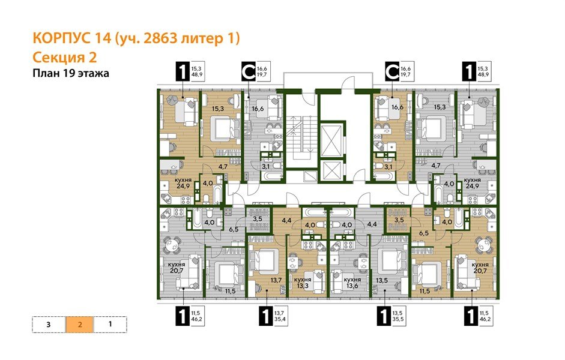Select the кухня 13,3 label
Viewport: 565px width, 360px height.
tap(303, 282)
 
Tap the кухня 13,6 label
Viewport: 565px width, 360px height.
tap(352, 282)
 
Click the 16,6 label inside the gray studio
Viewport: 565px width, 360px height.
tap(258, 109)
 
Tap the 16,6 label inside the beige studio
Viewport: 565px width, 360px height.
tap(396, 107)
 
